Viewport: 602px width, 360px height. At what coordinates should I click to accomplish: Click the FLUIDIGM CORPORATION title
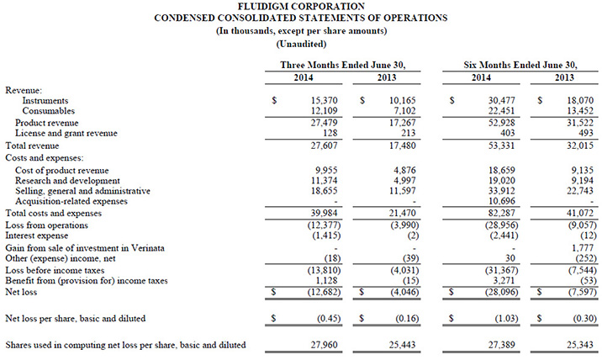tap(302, 7)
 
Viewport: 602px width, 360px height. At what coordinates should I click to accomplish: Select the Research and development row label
tap(63, 180)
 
